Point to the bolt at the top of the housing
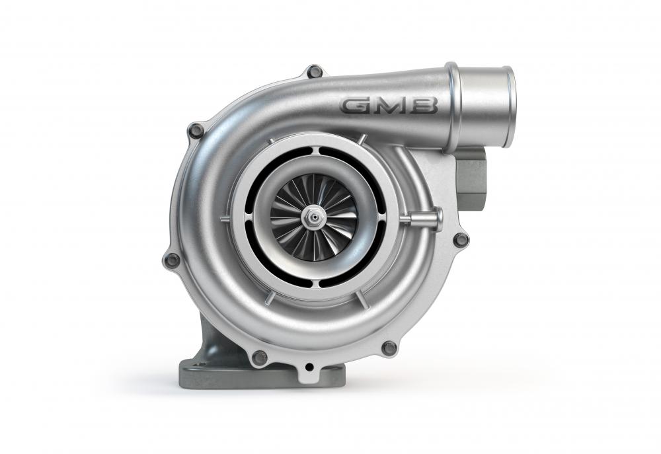315,71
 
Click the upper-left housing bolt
196,130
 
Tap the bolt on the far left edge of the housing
172,260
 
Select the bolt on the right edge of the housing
461,239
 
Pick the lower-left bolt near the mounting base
259,357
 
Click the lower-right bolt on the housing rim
389,348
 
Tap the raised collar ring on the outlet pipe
453,106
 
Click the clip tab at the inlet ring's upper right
362,139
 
